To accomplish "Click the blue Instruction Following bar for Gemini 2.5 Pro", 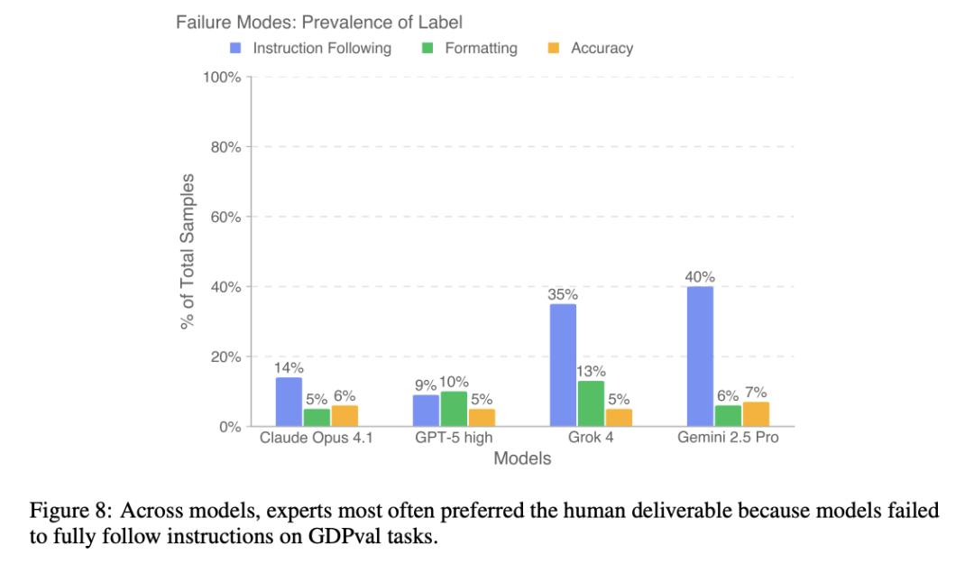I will [700, 356].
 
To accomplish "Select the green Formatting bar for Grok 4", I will [591, 403].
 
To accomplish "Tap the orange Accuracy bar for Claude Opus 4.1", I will [345, 416].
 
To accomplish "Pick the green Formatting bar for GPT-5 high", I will [454, 409].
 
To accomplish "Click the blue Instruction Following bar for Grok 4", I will [563, 365].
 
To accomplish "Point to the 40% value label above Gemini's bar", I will [699, 277].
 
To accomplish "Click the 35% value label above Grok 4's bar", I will [563, 294].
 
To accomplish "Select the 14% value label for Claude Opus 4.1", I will [289, 368].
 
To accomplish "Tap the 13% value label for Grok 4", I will [591, 372].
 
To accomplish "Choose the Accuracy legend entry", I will [602, 48].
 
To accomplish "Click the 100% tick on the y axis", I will [222, 77].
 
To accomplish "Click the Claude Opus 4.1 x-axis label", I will [316, 439].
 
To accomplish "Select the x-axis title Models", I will [522, 458].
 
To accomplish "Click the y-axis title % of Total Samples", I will [188, 251].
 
